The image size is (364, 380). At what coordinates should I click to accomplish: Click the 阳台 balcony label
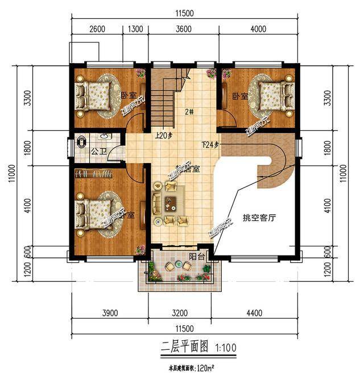click(x=198, y=257)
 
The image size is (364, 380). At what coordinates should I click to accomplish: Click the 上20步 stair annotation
click(x=164, y=136)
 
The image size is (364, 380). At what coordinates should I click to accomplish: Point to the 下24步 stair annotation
click(x=210, y=144)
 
